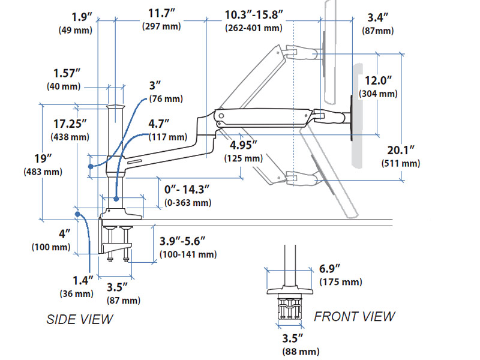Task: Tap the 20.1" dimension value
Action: tap(400, 150)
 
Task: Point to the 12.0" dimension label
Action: tap(379, 80)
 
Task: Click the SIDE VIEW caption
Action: tap(79, 319)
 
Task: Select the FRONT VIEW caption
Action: tap(355, 316)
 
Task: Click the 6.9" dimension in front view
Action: tap(330, 268)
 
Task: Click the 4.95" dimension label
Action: tap(243, 145)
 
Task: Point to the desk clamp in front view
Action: tap(290, 306)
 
